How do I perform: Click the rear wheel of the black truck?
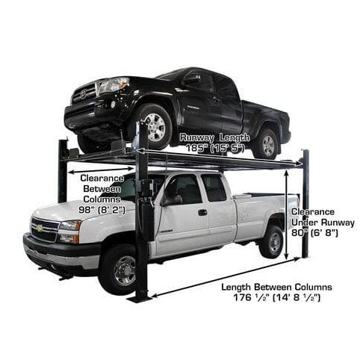[x=266, y=143]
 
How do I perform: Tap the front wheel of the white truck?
[x=118, y=266]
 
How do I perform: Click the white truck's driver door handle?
[x=202, y=212]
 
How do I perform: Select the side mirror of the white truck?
[x=170, y=199]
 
